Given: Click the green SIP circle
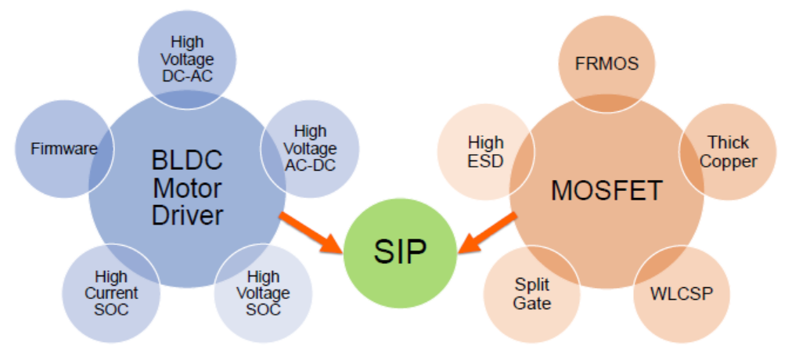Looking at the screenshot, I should click(400, 252).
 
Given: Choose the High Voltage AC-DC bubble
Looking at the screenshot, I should click(310, 149).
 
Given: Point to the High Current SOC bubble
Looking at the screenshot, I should click(111, 293).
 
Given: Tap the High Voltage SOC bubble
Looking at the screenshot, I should click(263, 293).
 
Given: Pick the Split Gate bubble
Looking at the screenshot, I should click(533, 293).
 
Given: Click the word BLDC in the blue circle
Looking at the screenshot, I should click(187, 162).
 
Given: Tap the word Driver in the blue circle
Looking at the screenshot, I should click(187, 214).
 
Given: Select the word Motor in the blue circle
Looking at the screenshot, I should click(187, 189).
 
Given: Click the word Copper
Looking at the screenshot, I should click(728, 162).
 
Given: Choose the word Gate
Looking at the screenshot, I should click(533, 303).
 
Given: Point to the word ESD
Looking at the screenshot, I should click(485, 162).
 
